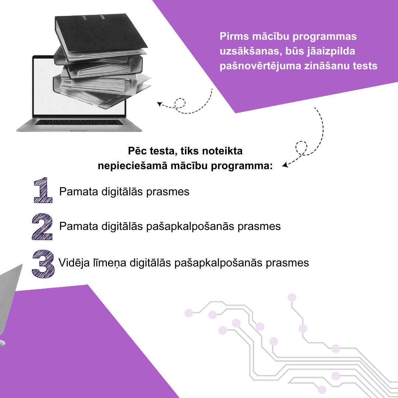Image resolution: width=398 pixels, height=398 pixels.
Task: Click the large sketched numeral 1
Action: (x=43, y=190)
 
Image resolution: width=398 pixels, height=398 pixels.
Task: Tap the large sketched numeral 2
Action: (x=42, y=227)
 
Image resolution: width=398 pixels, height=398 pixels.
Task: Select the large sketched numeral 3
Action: (x=43, y=264)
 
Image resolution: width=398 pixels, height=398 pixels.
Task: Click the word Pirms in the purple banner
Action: (x=234, y=36)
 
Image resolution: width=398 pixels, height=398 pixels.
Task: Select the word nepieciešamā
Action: (x=133, y=166)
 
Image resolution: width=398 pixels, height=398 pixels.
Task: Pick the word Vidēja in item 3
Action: (x=74, y=263)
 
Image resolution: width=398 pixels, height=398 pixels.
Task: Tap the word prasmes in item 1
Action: (x=168, y=192)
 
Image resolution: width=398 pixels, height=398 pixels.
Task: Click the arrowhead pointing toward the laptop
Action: (x=160, y=104)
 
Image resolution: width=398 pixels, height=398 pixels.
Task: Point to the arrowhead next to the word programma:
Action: (x=285, y=165)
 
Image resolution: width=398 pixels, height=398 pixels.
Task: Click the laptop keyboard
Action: (x=79, y=122)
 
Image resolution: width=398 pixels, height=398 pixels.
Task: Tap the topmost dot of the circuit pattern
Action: (x=292, y=297)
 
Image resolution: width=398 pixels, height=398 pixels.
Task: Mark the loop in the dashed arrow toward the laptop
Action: (x=180, y=103)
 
